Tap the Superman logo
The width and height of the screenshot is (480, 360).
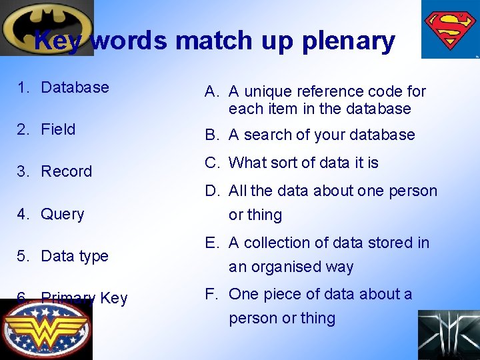click(451, 30)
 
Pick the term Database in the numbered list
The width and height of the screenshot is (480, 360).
click(75, 87)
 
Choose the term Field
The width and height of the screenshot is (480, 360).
click(58, 129)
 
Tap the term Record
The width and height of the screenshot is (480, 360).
click(66, 171)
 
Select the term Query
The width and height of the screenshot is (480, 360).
click(63, 214)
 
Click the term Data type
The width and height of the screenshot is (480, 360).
click(75, 256)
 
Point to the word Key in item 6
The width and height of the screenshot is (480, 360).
click(113, 298)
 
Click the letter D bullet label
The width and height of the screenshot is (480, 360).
click(211, 191)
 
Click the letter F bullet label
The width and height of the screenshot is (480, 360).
click(211, 294)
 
